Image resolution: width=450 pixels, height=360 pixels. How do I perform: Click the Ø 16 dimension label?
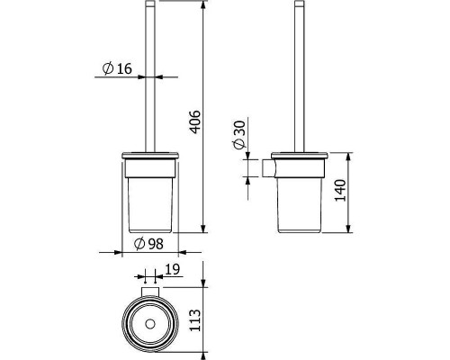117,68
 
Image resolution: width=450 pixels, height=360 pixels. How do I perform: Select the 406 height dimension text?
195,121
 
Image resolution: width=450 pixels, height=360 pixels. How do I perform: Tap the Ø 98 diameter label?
148,244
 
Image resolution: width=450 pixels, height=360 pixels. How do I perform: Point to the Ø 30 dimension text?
239,135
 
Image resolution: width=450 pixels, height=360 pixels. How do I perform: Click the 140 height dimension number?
340,191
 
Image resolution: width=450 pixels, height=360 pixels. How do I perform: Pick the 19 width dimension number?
172,269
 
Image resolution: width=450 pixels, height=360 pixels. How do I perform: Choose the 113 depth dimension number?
195,320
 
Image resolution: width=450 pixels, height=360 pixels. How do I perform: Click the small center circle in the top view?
149,324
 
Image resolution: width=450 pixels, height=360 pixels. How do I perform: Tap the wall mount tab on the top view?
149,292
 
